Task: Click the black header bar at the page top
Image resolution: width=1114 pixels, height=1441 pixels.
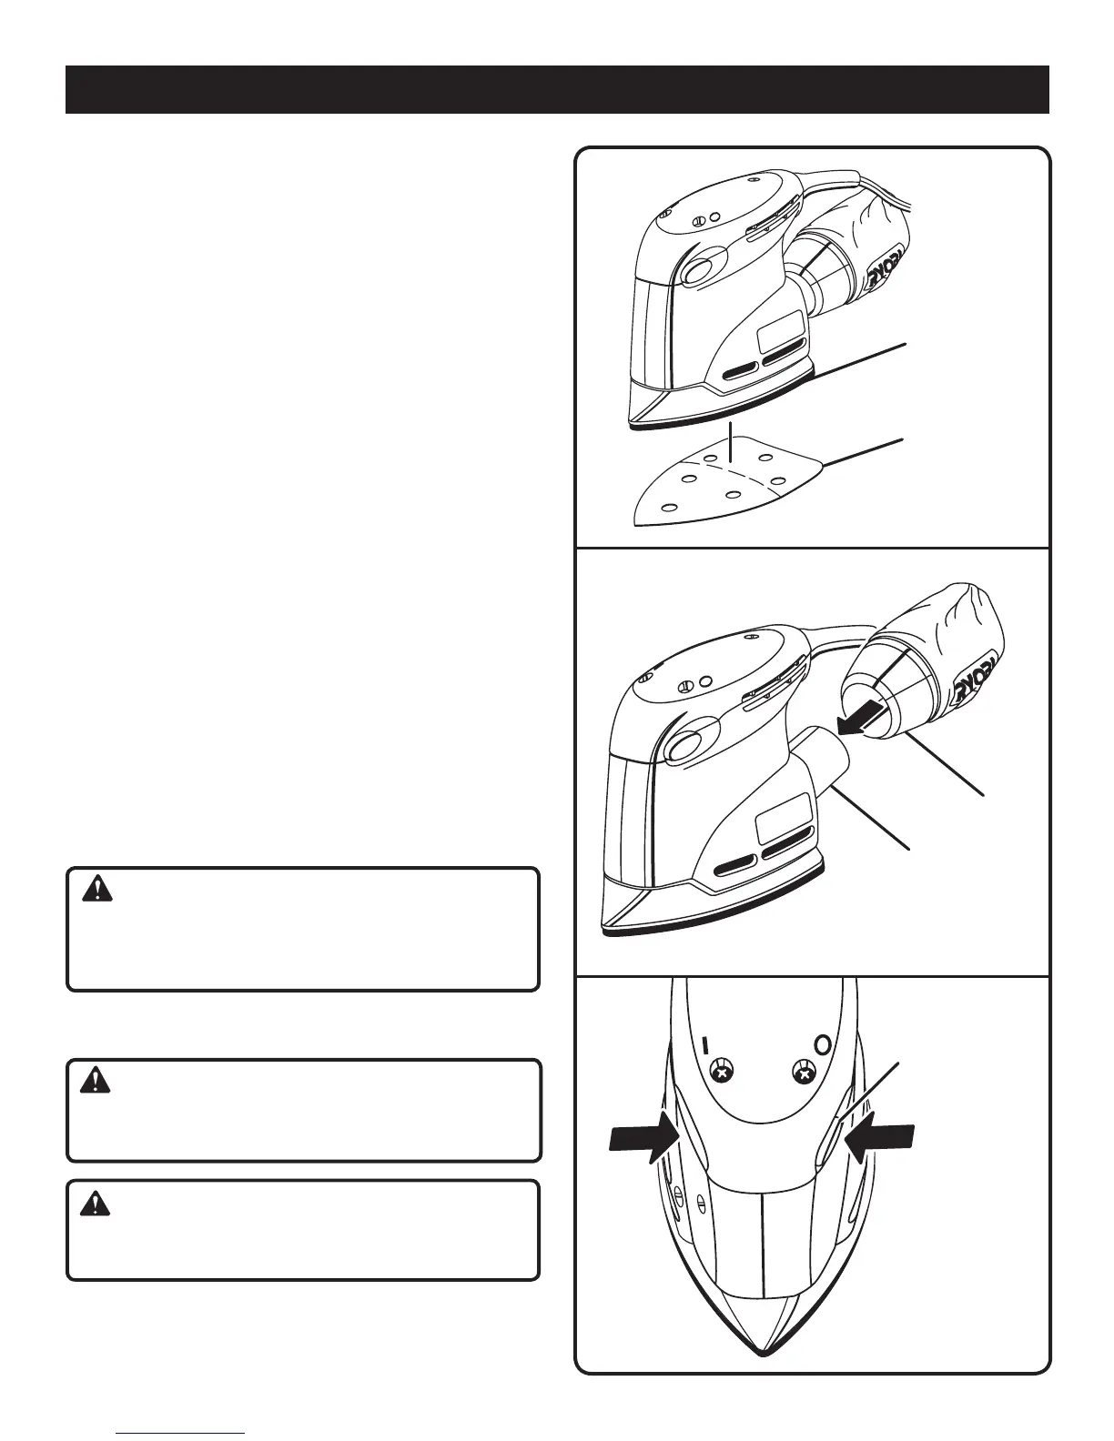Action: tap(557, 89)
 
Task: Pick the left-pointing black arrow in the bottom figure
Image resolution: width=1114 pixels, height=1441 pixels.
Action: tap(878, 1140)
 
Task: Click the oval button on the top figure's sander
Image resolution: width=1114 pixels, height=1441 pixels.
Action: tap(700, 272)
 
